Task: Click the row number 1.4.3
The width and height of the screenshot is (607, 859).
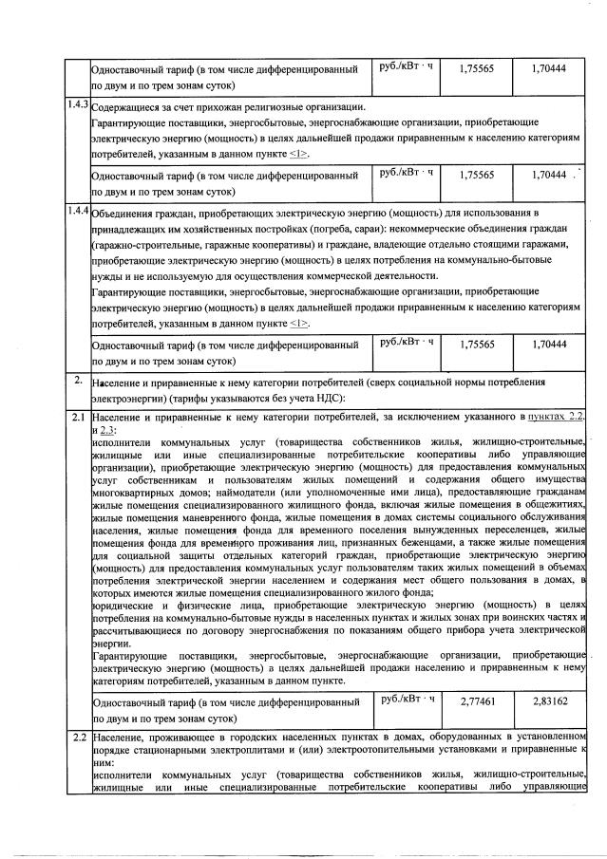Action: click(x=77, y=103)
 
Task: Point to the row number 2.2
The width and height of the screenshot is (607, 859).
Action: click(x=77, y=737)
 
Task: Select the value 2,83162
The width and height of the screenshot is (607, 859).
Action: click(x=550, y=701)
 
